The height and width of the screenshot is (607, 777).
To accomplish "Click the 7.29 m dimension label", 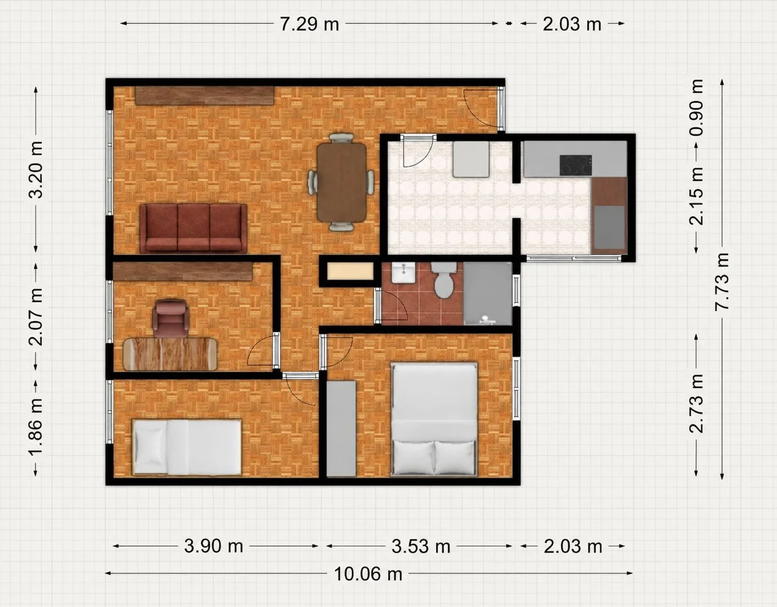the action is point(309,24).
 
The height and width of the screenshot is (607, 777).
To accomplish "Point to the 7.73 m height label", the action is point(721,281).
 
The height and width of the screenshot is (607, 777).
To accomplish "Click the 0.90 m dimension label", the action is point(696,107).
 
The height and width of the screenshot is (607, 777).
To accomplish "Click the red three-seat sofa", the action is point(193,228).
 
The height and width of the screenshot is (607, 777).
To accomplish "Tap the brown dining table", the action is point(341,182).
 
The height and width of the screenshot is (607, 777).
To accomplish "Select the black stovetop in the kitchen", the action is point(576,165).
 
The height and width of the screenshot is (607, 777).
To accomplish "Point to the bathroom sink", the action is point(403,273).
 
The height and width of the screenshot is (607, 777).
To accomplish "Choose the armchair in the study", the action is point(170,319).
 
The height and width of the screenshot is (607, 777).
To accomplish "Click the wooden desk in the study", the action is point(170,354).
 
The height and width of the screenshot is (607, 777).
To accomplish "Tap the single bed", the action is point(187,447).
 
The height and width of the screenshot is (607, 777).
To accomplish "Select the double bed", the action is point(434,419).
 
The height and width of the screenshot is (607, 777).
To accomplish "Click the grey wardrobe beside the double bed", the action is point(341,428).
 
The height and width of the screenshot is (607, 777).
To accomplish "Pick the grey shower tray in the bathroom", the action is point(487,294).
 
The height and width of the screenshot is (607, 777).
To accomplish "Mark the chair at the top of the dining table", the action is point(341,138).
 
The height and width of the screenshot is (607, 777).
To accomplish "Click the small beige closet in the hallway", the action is point(350,271).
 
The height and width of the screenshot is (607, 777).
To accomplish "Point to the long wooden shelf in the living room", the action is point(205,96).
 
